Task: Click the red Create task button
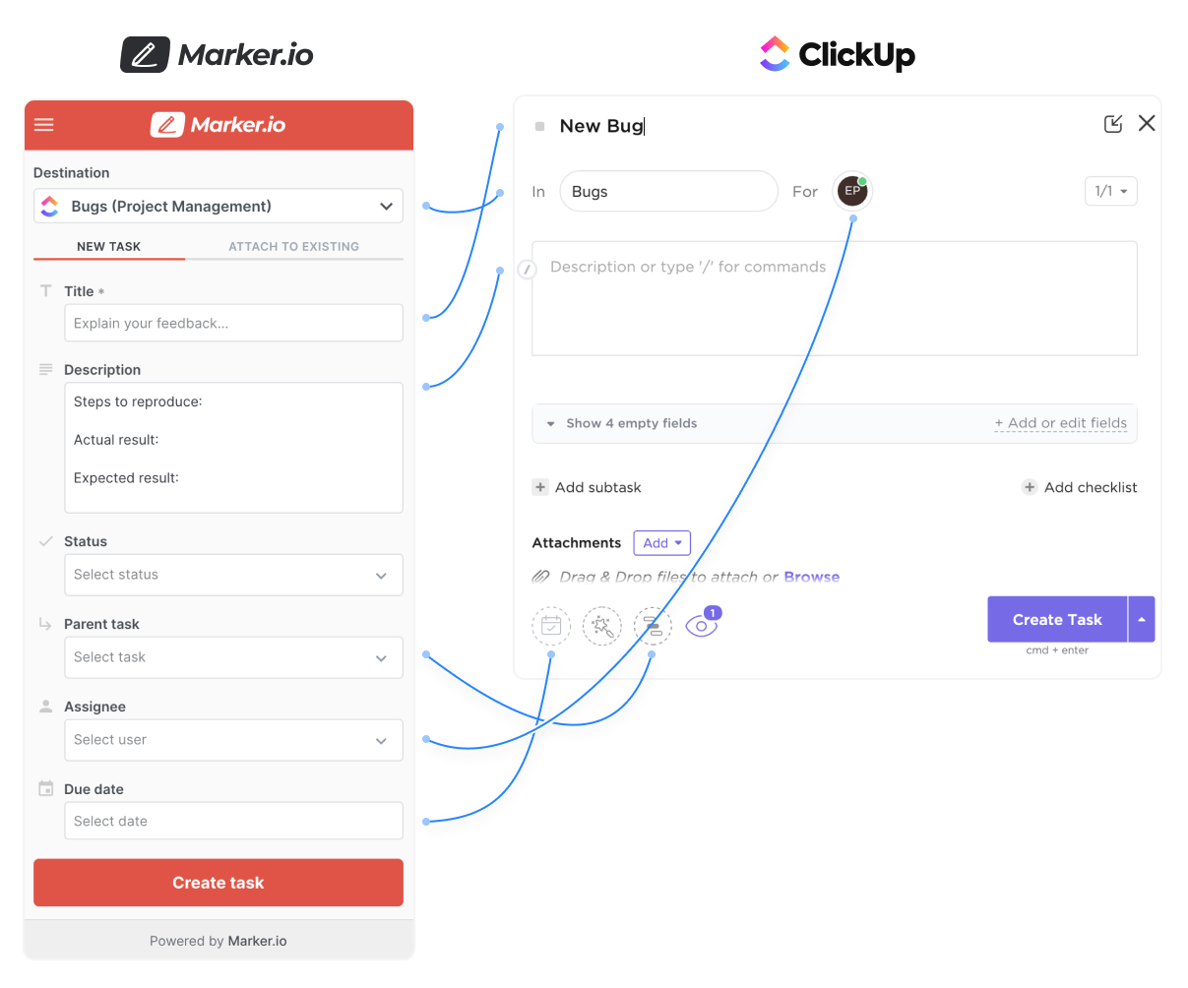click(x=218, y=883)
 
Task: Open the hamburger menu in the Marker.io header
click(x=44, y=125)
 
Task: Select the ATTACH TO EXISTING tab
click(x=293, y=247)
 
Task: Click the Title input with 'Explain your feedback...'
click(x=233, y=323)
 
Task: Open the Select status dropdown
click(x=233, y=575)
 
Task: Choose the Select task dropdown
click(x=233, y=657)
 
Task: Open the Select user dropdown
click(x=233, y=740)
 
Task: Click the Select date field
click(x=233, y=821)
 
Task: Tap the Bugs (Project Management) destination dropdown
click(x=219, y=207)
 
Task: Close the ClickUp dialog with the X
click(x=1147, y=123)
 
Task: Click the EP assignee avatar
click(x=852, y=191)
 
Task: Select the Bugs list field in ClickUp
click(x=668, y=192)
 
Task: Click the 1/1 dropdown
click(x=1110, y=191)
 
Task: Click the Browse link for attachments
click(x=812, y=577)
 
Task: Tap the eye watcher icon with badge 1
click(x=701, y=625)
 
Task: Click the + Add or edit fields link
click(x=1060, y=423)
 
